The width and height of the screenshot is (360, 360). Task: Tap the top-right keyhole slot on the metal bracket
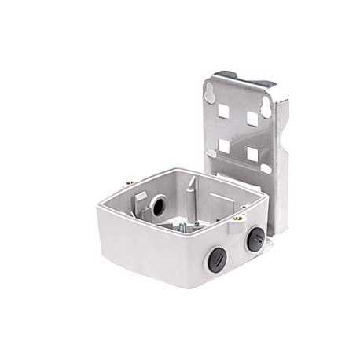[x=266, y=108]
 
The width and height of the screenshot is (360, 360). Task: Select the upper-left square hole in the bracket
[x=223, y=111]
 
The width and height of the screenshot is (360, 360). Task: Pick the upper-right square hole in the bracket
[x=252, y=119]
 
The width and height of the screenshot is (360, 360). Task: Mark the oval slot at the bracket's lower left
[x=211, y=152]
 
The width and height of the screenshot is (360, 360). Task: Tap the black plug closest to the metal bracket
[x=255, y=238]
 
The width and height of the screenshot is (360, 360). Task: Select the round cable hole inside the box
[x=157, y=207]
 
